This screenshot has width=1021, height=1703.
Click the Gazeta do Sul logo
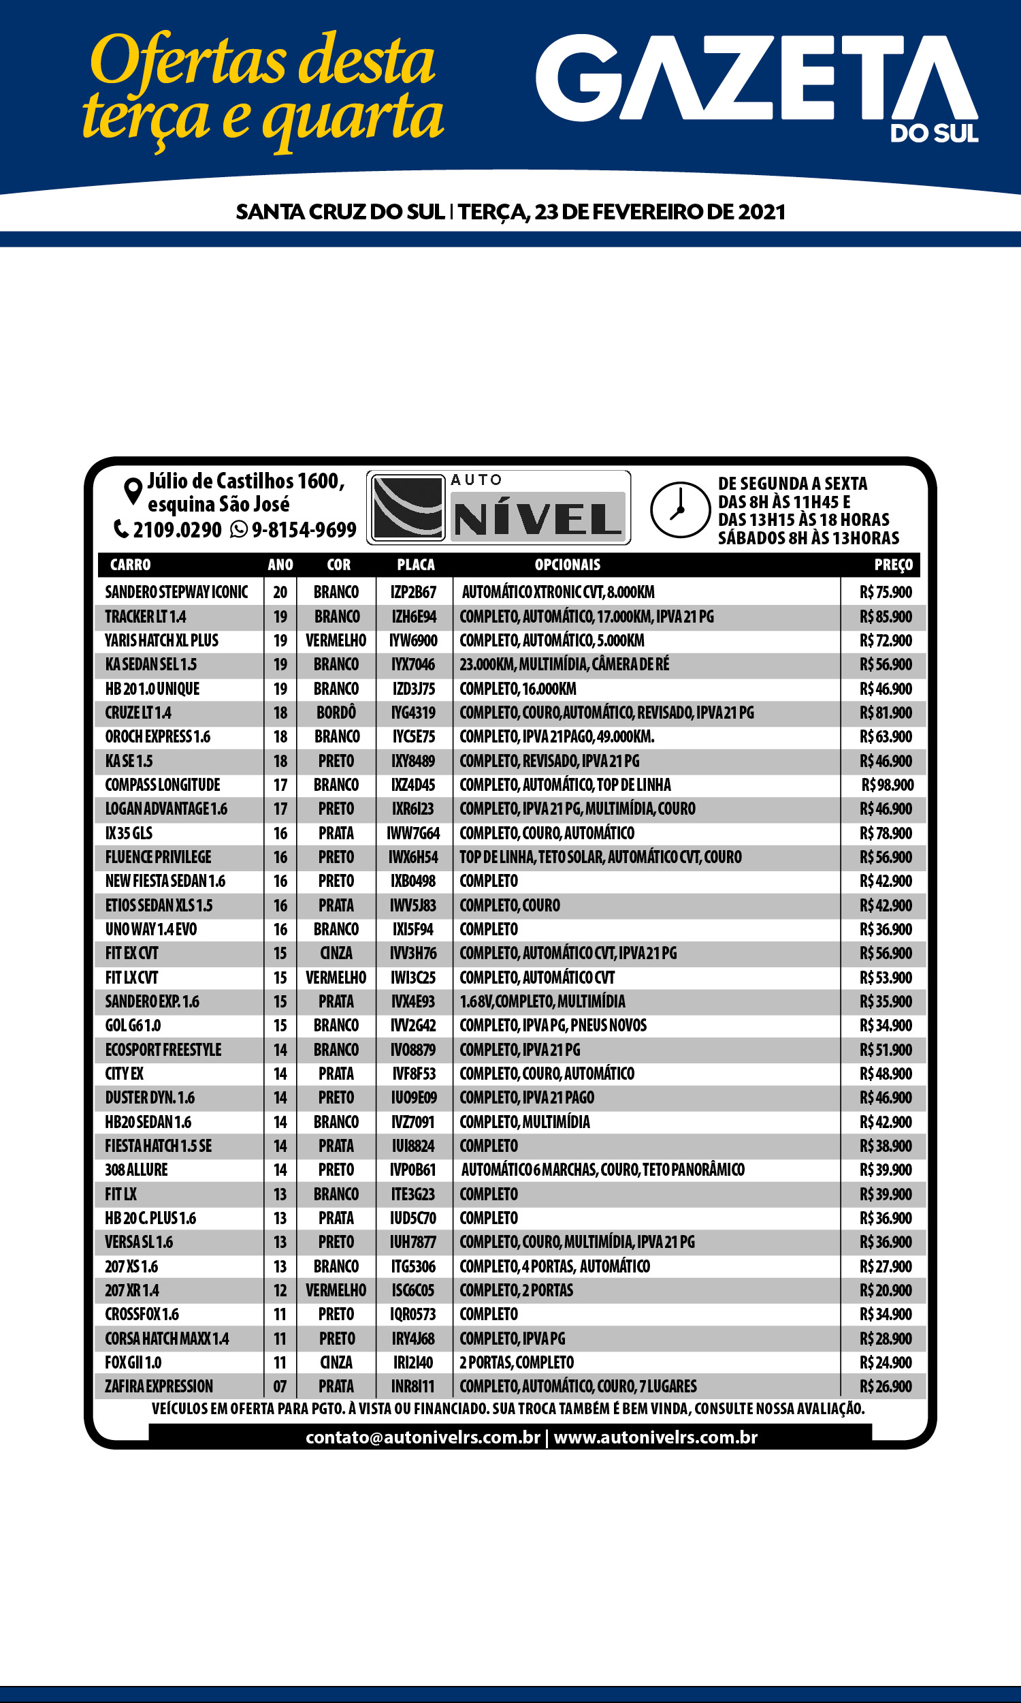(757, 86)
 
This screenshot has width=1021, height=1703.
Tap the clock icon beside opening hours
(680, 510)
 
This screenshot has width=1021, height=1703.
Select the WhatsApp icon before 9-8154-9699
(239, 529)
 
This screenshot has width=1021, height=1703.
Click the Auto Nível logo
(499, 508)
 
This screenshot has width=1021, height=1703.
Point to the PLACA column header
(416, 565)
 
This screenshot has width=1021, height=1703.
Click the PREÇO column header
(893, 565)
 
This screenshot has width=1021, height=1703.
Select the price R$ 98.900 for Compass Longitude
(888, 785)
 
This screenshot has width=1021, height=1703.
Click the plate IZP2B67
(413, 592)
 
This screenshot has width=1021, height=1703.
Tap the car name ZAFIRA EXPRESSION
(159, 1386)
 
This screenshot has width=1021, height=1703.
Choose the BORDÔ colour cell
(336, 713)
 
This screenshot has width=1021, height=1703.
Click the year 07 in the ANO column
(280, 1386)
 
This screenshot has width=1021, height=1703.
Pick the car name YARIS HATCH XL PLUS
(162, 640)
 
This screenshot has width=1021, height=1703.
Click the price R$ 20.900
(886, 1290)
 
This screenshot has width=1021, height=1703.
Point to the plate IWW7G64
(413, 833)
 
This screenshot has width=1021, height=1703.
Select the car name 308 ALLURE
(136, 1170)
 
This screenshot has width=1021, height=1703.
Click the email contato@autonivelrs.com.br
(423, 1437)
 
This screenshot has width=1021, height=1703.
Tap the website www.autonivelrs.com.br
(655, 1437)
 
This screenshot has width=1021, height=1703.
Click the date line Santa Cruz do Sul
(510, 211)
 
